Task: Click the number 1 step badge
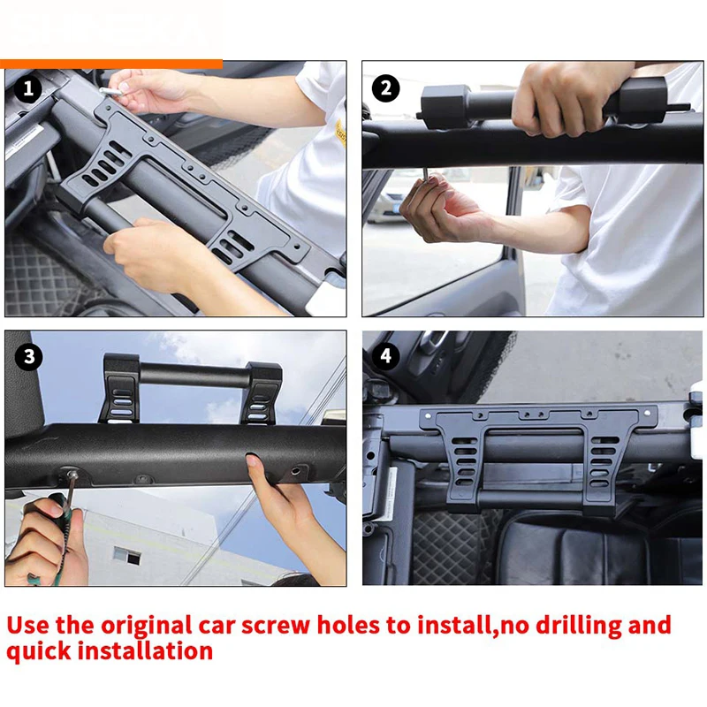[x=28, y=87]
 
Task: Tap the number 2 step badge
[x=385, y=87]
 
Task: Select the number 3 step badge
[x=29, y=357]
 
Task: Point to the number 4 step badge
[x=385, y=356]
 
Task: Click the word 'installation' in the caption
[x=145, y=651]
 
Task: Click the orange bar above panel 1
[x=111, y=64]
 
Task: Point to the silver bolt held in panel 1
[x=110, y=92]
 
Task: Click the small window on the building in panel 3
[x=126, y=556]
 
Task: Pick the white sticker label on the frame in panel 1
[x=24, y=141]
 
